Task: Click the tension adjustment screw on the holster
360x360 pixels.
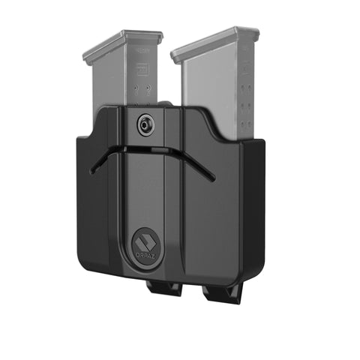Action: (x=144, y=126)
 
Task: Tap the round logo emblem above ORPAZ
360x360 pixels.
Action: (x=142, y=242)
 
